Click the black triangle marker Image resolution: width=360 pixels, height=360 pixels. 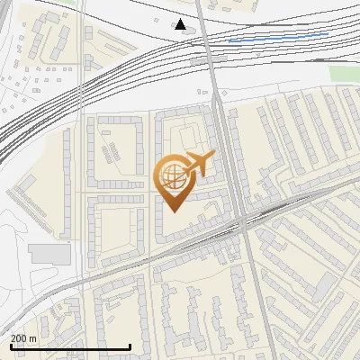tap(181, 24)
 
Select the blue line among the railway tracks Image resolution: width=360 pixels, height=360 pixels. tap(278, 38)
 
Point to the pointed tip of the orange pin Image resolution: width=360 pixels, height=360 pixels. tap(173, 211)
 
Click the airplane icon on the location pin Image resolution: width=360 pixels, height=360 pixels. tap(197, 165)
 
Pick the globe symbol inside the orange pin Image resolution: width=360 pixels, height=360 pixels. tap(172, 175)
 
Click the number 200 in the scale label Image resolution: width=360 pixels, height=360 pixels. tap(20, 337)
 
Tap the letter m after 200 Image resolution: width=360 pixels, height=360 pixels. tap(33, 337)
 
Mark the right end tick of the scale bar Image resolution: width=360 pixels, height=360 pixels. tap(130, 346)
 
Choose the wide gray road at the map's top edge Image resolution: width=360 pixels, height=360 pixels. tap(202, 7)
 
